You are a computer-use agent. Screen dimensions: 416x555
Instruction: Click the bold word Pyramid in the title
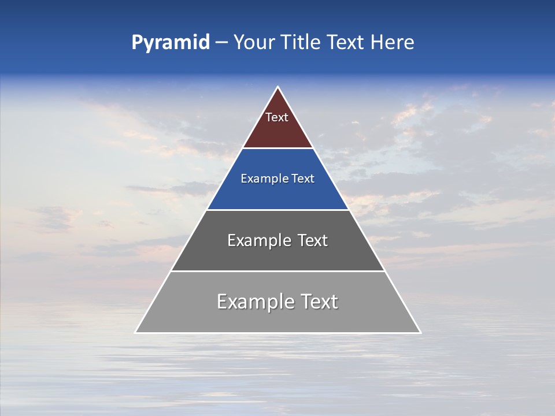(171, 43)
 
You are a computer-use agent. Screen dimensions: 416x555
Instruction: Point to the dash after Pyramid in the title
(221, 43)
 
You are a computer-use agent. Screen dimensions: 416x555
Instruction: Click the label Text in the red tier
(277, 117)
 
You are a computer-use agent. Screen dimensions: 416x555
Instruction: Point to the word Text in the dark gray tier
(313, 240)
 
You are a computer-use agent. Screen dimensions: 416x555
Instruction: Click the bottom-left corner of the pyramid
(136, 332)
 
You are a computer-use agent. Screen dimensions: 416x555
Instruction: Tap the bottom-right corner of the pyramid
(420, 332)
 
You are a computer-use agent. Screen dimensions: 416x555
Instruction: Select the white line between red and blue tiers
(277, 148)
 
